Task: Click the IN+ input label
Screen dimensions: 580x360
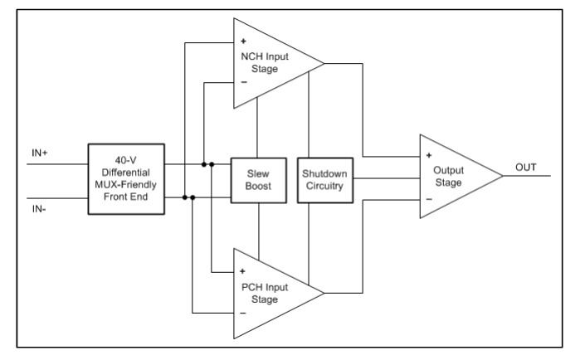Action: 40,153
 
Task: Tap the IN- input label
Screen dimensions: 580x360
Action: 39,209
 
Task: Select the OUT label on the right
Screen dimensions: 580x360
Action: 525,168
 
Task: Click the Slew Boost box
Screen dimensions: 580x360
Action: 259,180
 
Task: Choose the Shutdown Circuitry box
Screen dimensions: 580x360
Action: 325,180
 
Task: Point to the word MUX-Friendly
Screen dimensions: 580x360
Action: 126,184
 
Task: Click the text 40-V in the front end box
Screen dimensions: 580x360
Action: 126,160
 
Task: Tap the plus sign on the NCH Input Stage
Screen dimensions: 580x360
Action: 243,41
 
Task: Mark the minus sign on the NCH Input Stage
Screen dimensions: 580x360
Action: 244,82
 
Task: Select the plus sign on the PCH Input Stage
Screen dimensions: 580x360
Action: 242,272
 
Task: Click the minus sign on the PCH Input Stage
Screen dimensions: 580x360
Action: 243,313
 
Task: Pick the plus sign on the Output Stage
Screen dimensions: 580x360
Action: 429,155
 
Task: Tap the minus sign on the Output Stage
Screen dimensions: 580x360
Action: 429,199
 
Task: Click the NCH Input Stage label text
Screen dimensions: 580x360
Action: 265,62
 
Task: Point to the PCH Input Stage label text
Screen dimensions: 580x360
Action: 265,293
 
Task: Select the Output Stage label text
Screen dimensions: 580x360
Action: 448,177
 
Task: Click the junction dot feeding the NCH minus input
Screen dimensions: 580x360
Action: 204,164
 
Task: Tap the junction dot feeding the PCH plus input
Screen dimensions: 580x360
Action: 212,164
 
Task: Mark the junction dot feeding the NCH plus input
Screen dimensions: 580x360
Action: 184,197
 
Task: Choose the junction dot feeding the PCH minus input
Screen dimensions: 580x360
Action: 193,197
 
